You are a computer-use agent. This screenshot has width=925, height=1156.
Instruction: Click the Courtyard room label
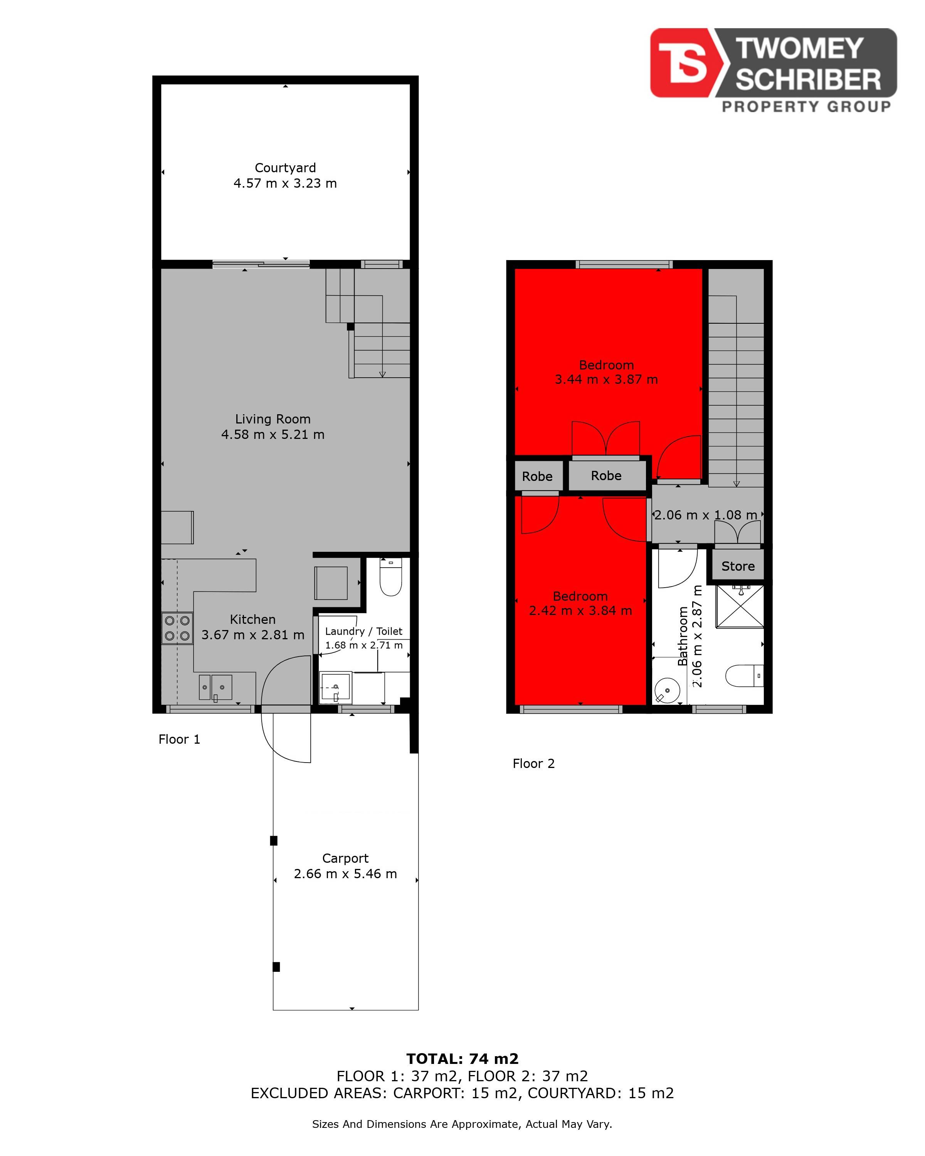point(285,168)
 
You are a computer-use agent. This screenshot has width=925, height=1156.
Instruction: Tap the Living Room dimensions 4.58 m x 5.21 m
point(273,434)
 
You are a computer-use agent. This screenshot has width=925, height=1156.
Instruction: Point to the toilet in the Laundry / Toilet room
point(390,576)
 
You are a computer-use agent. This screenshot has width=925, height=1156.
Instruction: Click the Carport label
point(345,859)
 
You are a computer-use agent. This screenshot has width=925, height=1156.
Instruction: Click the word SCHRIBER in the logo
point(808,80)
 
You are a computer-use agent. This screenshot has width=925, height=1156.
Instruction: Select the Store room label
point(738,566)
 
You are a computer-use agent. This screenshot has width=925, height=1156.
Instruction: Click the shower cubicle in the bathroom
point(740,607)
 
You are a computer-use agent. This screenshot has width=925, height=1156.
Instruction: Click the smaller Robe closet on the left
point(537,476)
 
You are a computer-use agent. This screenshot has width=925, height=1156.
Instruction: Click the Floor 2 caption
point(533,763)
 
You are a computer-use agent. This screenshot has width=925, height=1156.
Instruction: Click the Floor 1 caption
point(179,739)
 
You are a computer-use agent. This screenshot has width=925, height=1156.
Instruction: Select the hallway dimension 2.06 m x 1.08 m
point(706,515)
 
